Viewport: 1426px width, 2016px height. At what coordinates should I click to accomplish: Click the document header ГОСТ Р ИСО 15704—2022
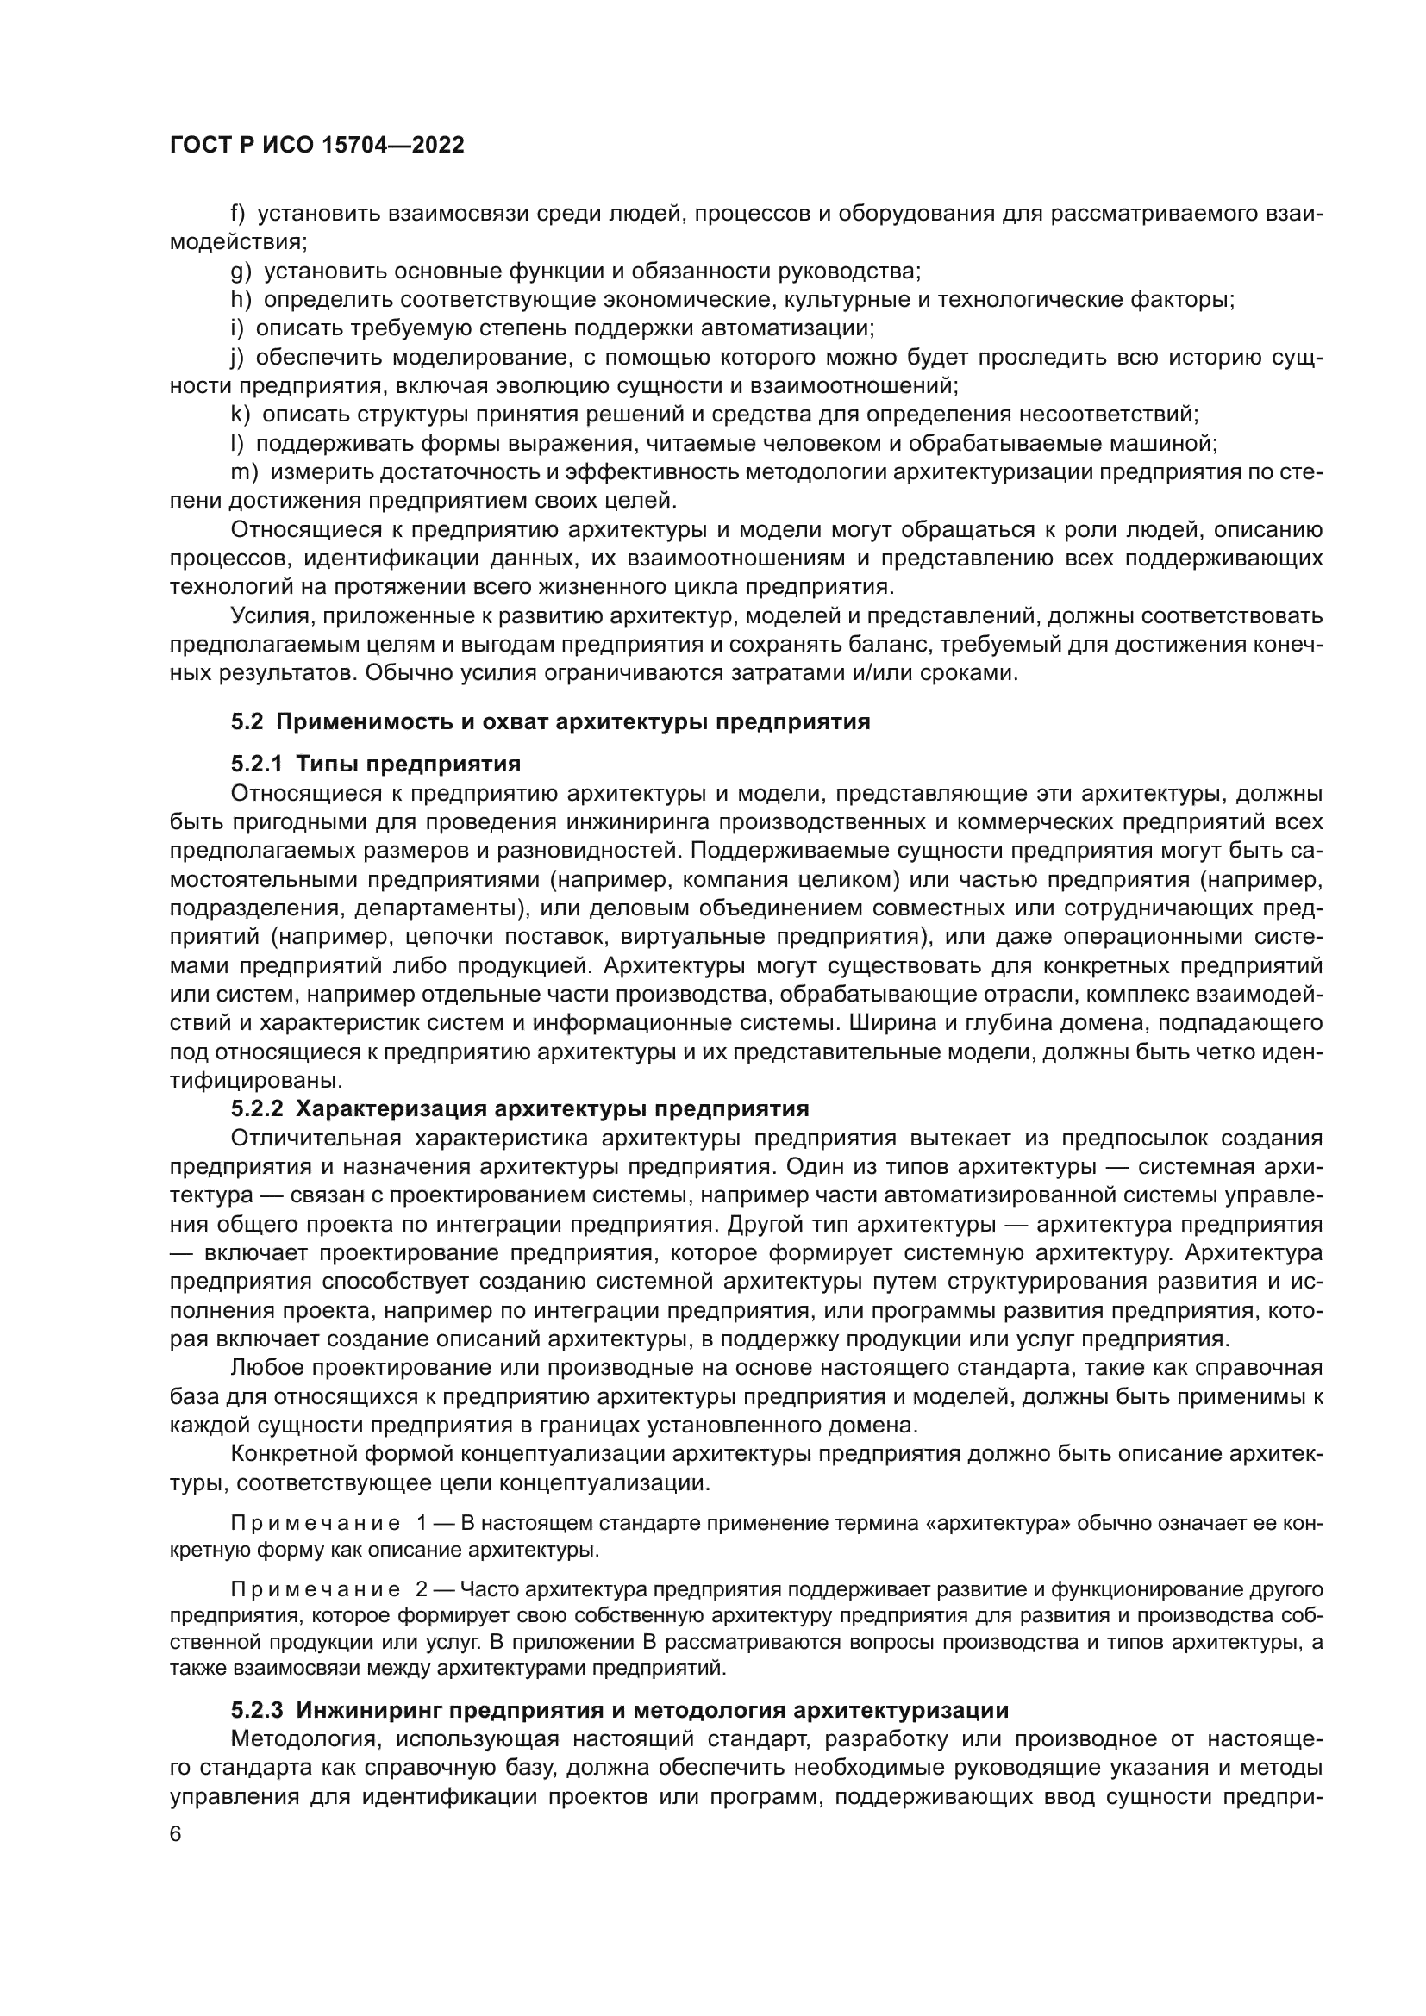pos(317,146)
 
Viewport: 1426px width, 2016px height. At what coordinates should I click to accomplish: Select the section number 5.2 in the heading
pos(247,722)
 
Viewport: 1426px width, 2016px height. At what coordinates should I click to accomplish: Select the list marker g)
pos(241,272)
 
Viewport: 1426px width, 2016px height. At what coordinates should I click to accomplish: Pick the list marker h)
pos(241,300)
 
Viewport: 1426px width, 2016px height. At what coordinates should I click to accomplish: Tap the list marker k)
pos(240,415)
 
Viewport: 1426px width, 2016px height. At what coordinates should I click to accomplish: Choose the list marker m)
pos(244,472)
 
